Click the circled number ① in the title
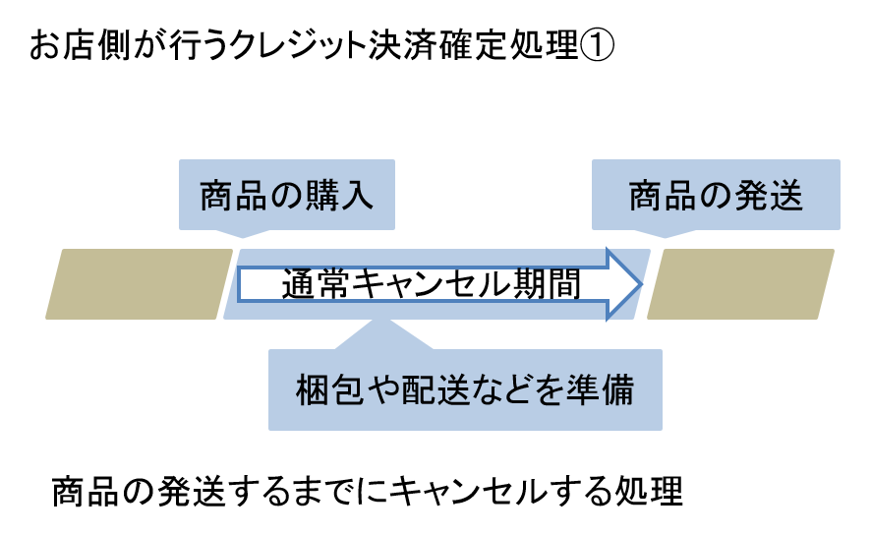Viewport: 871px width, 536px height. (x=599, y=46)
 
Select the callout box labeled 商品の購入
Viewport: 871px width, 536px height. (x=286, y=195)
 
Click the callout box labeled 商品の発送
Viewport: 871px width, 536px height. (x=716, y=195)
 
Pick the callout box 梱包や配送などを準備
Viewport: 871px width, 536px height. (x=465, y=389)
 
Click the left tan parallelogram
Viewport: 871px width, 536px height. (x=139, y=284)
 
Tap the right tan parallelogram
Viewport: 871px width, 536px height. (x=741, y=284)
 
